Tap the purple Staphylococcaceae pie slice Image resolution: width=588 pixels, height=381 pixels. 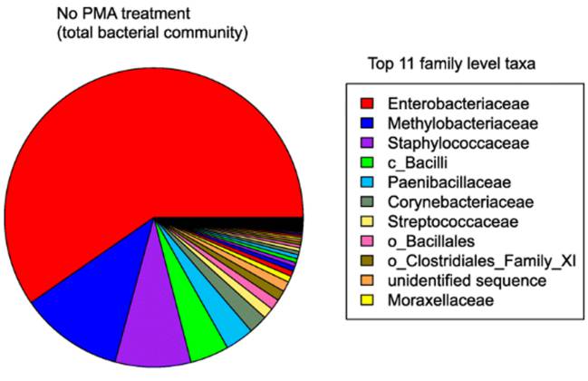click(151, 340)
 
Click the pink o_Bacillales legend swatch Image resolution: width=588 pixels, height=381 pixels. click(368, 240)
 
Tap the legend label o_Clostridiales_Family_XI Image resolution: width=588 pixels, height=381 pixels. click(480, 260)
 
